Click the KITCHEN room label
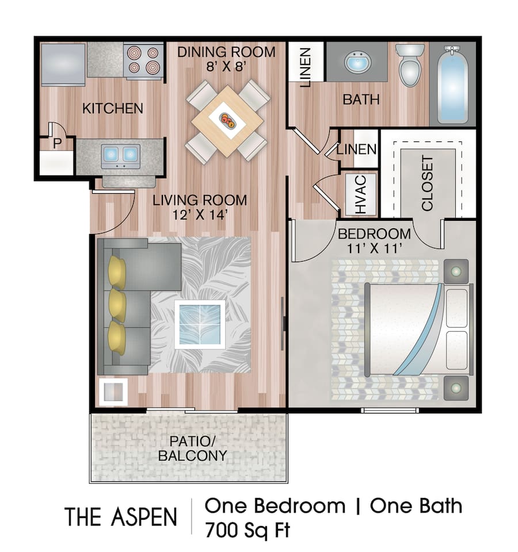point(112,108)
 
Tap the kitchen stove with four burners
point(142,61)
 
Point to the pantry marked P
point(57,144)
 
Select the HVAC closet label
point(360,194)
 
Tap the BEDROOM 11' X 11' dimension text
point(374,249)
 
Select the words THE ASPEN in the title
point(120,516)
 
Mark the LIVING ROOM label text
point(200,201)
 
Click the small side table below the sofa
point(112,390)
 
